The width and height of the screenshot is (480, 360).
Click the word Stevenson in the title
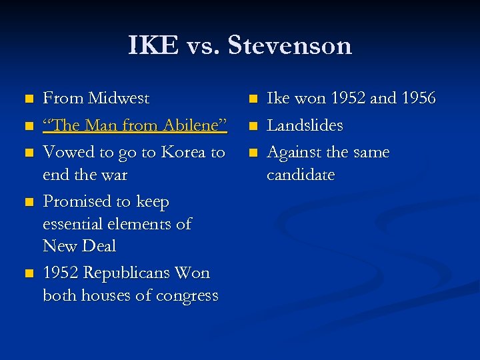point(289,46)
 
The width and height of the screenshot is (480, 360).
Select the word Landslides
point(305,125)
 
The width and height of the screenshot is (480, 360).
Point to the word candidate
point(301,175)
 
